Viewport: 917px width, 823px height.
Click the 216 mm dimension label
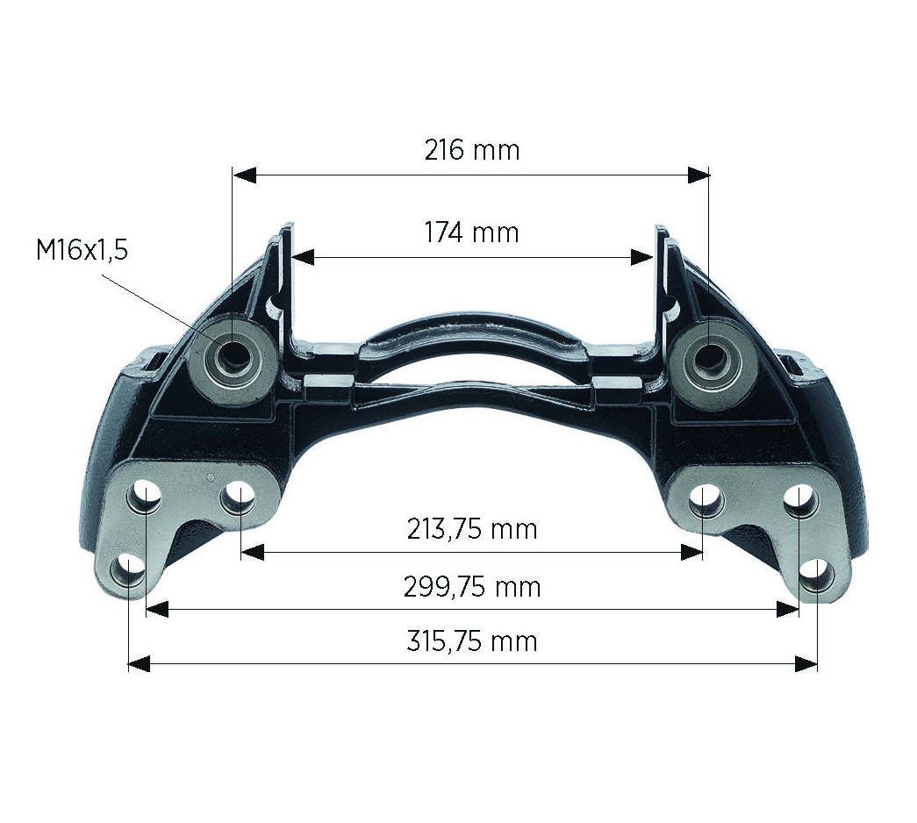coord(472,150)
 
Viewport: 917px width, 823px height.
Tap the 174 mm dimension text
coord(471,233)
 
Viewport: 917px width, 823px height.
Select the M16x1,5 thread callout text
coord(82,250)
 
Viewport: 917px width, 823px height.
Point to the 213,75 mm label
coord(472,529)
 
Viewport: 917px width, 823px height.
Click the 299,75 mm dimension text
coord(472,587)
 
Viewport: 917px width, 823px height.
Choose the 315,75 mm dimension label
coord(472,641)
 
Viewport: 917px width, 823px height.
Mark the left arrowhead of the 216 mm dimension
coord(245,175)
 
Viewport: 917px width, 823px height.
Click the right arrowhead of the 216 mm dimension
coord(698,175)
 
